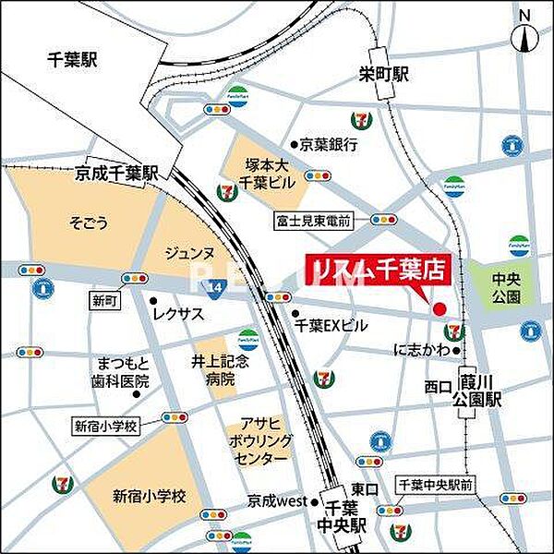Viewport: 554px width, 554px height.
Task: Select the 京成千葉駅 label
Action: pos(117,173)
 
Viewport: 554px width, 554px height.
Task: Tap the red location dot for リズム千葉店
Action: pos(440,308)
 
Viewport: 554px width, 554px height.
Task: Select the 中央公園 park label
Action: pos(507,288)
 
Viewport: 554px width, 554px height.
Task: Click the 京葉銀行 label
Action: pos(329,144)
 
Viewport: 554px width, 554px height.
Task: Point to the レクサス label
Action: pos(178,314)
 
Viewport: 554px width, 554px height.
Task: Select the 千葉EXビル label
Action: pos(331,325)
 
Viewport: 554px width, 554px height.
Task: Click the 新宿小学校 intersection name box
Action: pos(105,426)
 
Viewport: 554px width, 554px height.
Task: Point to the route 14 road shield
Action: pos(213,286)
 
